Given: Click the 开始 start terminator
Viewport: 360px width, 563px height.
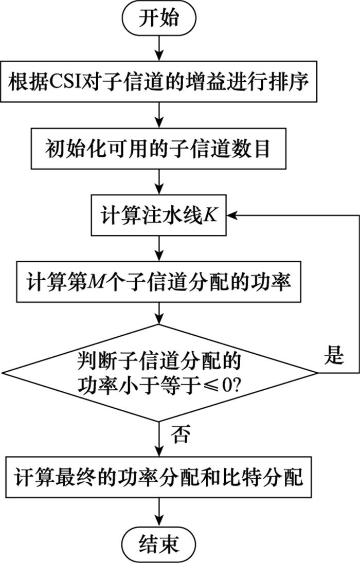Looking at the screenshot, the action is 159,18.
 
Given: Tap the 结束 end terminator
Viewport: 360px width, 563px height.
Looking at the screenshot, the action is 159,544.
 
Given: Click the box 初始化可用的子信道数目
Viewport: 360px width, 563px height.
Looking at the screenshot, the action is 158,149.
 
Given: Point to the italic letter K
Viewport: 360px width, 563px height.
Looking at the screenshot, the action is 210,215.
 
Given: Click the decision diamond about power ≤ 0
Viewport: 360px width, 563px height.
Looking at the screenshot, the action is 159,373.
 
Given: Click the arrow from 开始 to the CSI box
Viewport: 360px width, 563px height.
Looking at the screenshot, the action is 159,48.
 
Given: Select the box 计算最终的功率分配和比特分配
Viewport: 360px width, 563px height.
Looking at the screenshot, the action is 158,477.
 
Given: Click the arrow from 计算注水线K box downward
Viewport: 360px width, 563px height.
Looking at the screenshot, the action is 159,248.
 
